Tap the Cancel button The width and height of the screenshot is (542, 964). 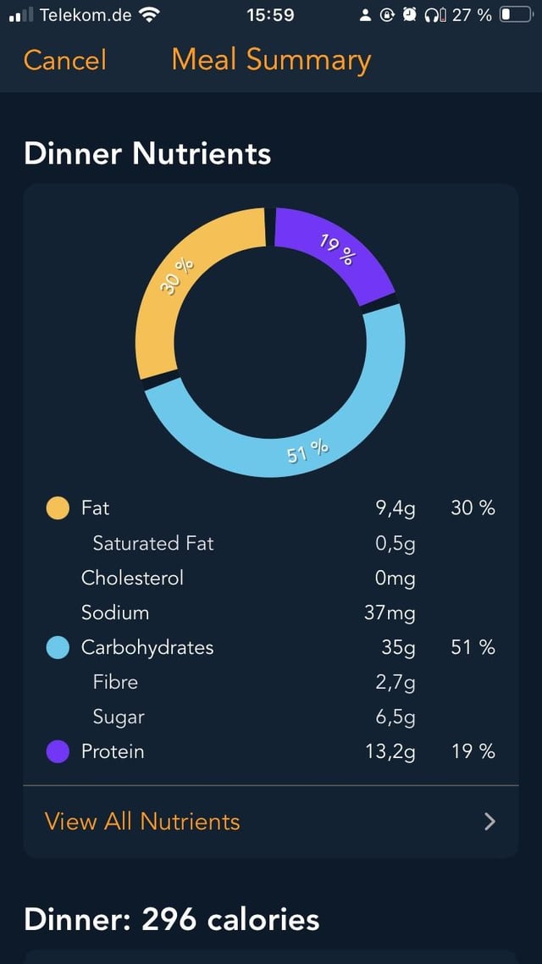(65, 60)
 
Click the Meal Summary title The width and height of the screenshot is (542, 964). (271, 60)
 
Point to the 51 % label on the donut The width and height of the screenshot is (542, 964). (307, 452)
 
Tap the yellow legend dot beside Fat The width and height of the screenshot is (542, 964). (58, 508)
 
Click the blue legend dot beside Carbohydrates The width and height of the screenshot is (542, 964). (58, 648)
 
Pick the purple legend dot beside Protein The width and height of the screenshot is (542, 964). (58, 751)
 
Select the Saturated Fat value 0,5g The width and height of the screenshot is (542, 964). (395, 544)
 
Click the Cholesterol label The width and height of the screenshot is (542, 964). (132, 578)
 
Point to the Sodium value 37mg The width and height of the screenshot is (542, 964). (390, 612)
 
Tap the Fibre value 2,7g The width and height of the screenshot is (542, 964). (395, 682)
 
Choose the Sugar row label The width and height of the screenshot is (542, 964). (119, 717)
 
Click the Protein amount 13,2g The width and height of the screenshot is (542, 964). (390, 751)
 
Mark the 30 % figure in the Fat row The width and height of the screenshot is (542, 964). (473, 508)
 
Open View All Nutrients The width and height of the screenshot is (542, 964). (142, 821)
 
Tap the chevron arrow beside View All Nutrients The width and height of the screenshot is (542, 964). (489, 821)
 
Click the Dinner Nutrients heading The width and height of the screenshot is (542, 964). (147, 153)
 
